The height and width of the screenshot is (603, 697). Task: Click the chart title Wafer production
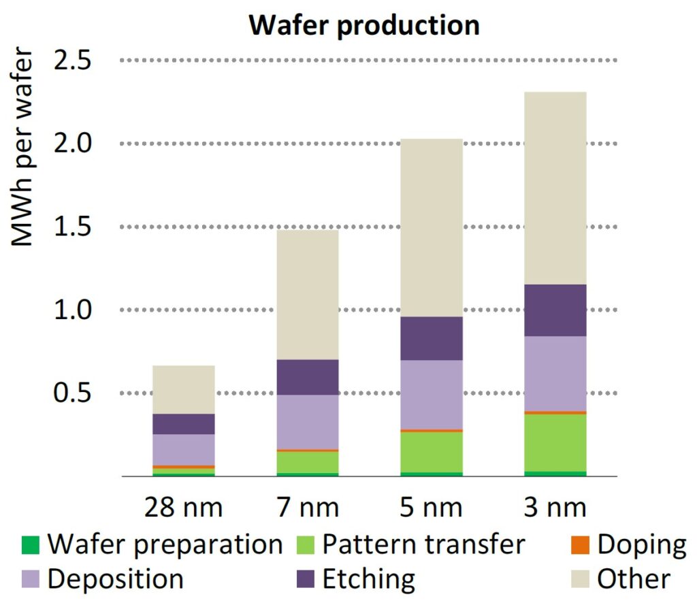[363, 25]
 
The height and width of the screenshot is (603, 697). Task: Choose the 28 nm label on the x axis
[183, 508]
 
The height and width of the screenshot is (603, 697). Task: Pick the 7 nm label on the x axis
[308, 508]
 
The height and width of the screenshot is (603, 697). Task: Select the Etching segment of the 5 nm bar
[432, 338]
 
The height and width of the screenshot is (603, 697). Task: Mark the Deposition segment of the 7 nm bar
[308, 422]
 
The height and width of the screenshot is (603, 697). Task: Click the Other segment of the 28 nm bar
[183, 389]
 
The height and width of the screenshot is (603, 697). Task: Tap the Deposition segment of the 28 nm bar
[183, 450]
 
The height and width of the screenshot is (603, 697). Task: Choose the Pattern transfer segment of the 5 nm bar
[432, 452]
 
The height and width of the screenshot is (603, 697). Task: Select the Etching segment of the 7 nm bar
[308, 377]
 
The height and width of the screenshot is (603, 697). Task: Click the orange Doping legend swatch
[581, 545]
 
